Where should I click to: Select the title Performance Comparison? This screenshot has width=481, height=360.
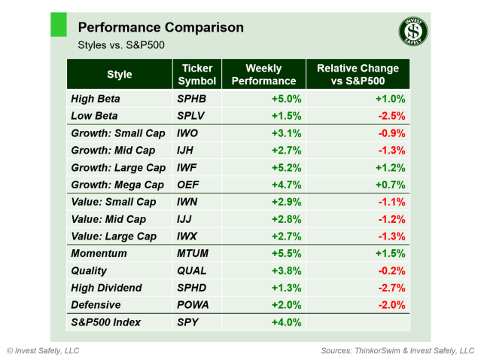[160, 28]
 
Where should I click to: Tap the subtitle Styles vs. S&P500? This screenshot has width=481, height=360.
[121, 45]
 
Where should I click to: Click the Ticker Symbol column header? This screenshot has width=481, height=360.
[197, 75]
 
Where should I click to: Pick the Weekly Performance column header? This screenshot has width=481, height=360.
[263, 75]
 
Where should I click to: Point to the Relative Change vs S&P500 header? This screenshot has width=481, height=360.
[358, 75]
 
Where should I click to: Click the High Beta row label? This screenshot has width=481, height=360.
[95, 99]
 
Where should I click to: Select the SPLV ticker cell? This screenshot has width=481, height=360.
[191, 116]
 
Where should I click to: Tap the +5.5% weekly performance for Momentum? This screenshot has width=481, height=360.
[287, 254]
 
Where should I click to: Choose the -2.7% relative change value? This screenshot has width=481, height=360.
[391, 288]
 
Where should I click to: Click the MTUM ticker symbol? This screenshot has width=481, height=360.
[193, 254]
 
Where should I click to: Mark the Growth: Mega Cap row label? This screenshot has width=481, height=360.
[117, 185]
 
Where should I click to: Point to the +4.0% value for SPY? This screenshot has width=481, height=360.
[287, 323]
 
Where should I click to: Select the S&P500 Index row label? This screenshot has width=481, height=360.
[106, 323]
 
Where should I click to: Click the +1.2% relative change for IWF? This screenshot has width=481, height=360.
[391, 168]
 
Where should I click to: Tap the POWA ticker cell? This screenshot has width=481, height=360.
[193, 305]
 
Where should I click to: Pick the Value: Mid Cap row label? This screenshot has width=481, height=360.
[108, 219]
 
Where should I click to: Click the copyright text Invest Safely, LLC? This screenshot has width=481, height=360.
[43, 351]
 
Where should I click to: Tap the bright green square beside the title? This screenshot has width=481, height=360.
[59, 23]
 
